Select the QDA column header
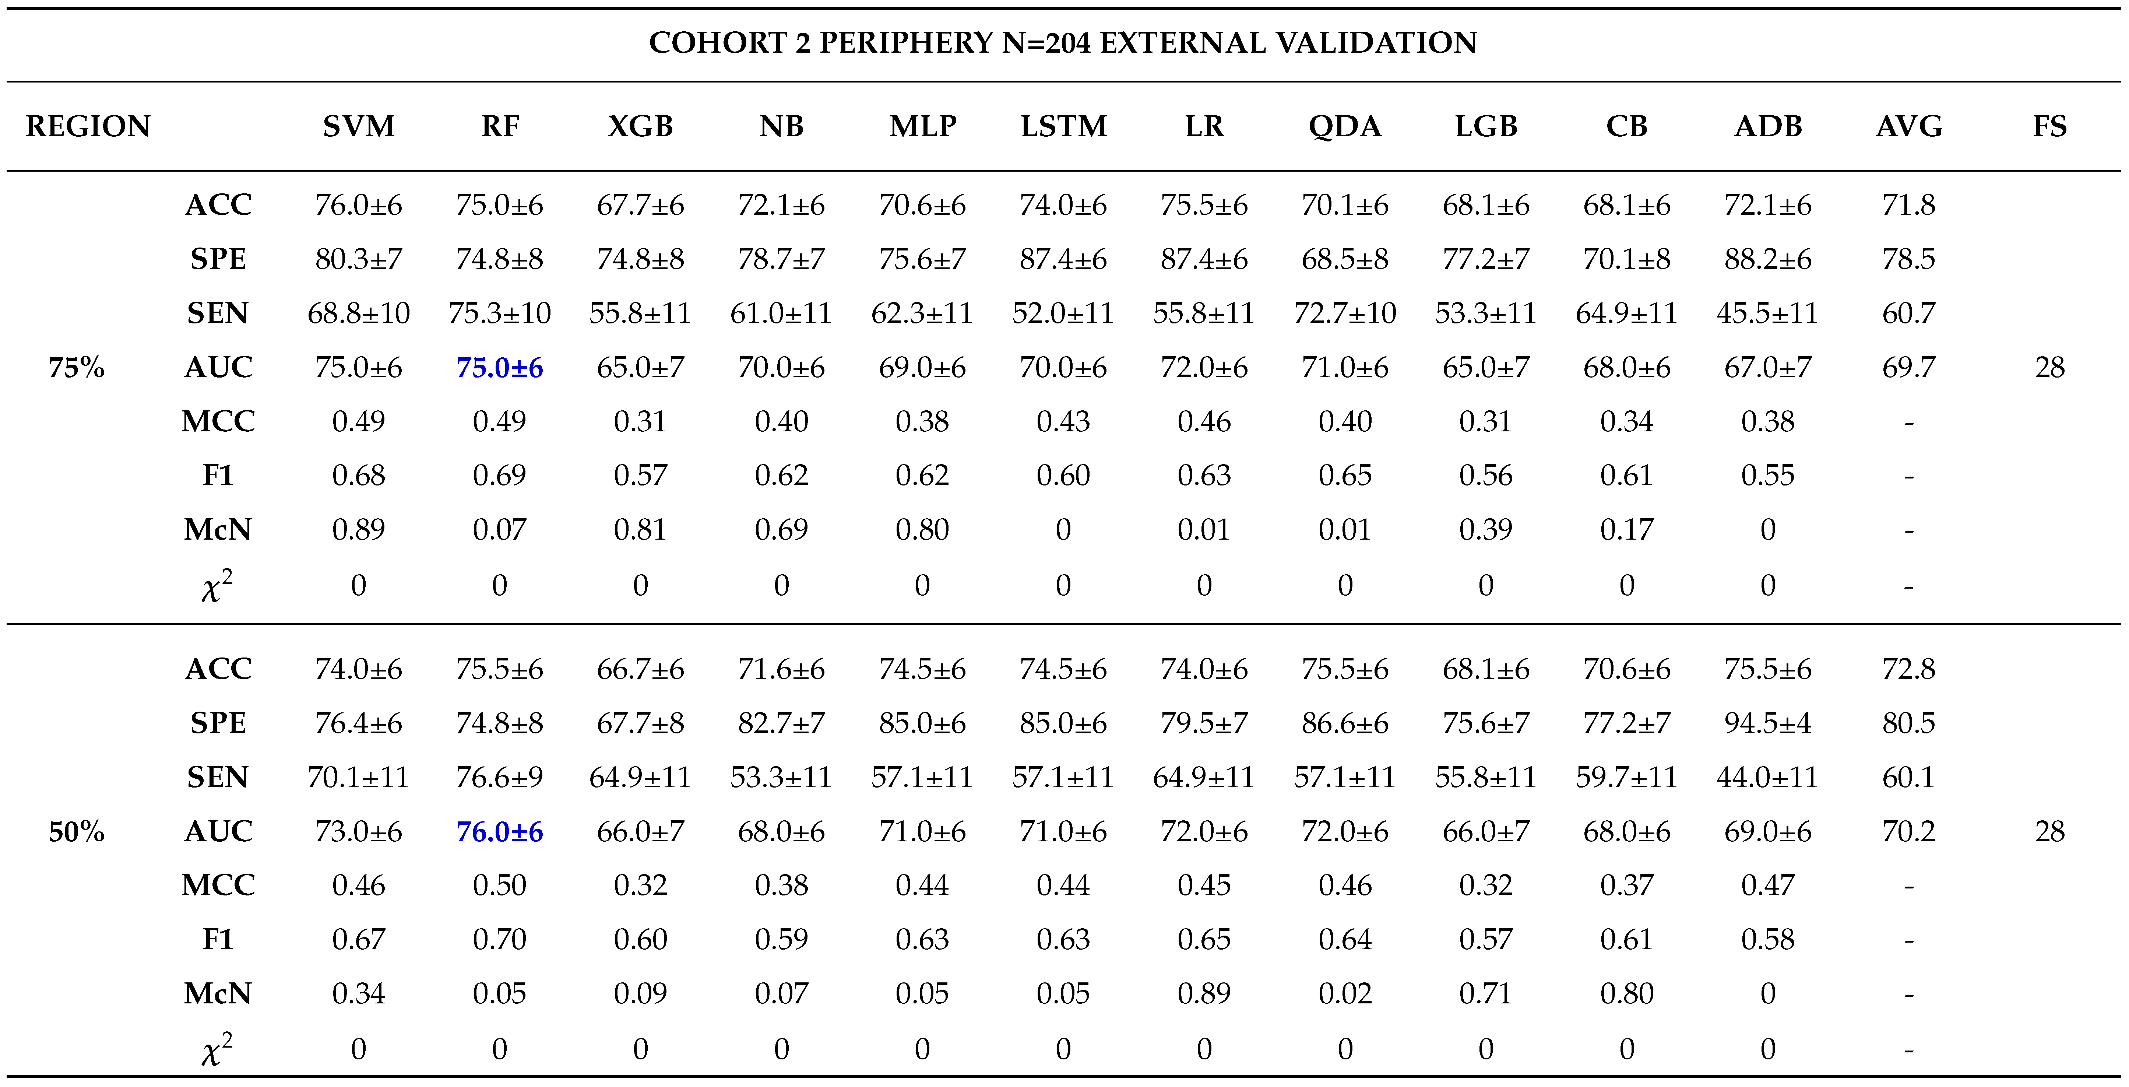click(x=1345, y=126)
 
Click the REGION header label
click(x=88, y=126)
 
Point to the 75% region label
click(x=76, y=367)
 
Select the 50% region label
click(x=76, y=831)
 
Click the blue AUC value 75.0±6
click(x=499, y=367)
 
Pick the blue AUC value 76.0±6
click(x=499, y=831)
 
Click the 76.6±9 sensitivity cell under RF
click(x=499, y=777)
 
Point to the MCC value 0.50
click(x=499, y=885)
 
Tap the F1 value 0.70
click(x=499, y=939)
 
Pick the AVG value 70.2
click(x=1908, y=831)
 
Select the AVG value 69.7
click(x=1908, y=367)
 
